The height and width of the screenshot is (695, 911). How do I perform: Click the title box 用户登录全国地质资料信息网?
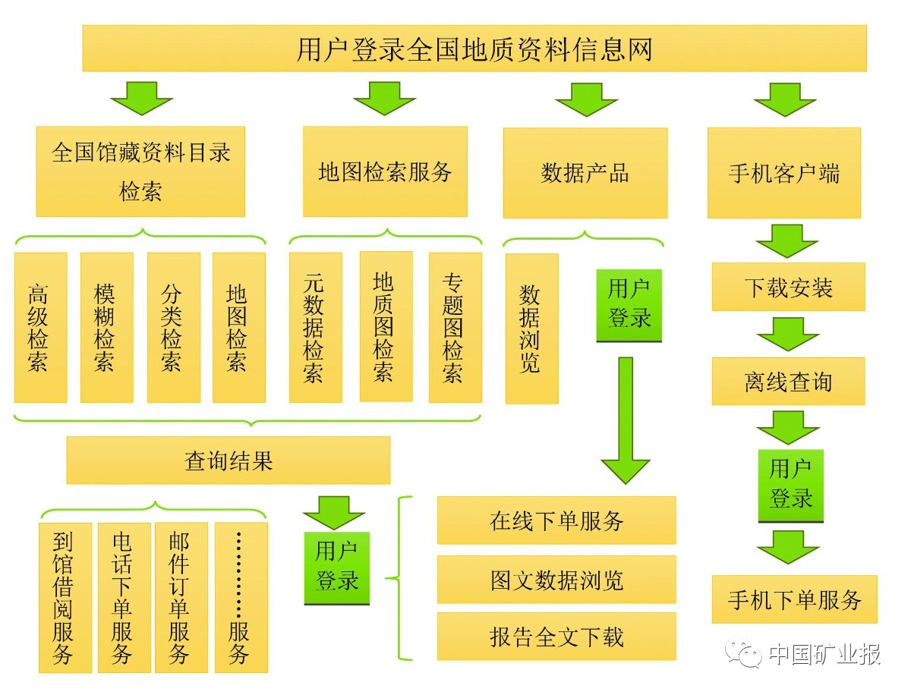pyautogui.click(x=474, y=49)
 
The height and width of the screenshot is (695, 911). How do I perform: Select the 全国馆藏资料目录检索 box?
pyautogui.click(x=140, y=171)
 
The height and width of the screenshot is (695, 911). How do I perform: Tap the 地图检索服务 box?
pyautogui.click(x=385, y=171)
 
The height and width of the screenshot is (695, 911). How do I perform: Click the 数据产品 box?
pyautogui.click(x=585, y=173)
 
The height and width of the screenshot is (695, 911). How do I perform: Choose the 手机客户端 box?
pyautogui.click(x=784, y=173)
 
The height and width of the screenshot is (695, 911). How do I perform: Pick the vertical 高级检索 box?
pyautogui.click(x=40, y=327)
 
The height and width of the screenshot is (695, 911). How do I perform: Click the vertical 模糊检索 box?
pyautogui.click(x=106, y=327)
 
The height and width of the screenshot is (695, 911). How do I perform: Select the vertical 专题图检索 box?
pyautogui.click(x=455, y=327)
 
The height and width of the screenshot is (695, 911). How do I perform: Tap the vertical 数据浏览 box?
pyautogui.click(x=531, y=328)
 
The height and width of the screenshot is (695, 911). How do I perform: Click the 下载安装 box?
pyautogui.click(x=788, y=287)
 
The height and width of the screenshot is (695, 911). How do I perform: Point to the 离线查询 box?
pyautogui.click(x=788, y=381)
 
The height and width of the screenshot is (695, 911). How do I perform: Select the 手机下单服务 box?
pyautogui.click(x=794, y=599)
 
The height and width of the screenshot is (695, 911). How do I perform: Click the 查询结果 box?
pyautogui.click(x=228, y=460)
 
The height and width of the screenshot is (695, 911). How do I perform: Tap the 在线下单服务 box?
pyautogui.click(x=556, y=520)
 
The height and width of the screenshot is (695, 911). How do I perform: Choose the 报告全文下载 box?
pyautogui.click(x=556, y=636)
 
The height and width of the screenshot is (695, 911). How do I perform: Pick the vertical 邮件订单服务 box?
pyautogui.click(x=180, y=597)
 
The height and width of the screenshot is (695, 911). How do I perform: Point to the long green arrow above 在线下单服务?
pyautogui.click(x=625, y=421)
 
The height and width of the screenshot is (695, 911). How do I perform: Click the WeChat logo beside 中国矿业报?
pyautogui.click(x=743, y=653)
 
